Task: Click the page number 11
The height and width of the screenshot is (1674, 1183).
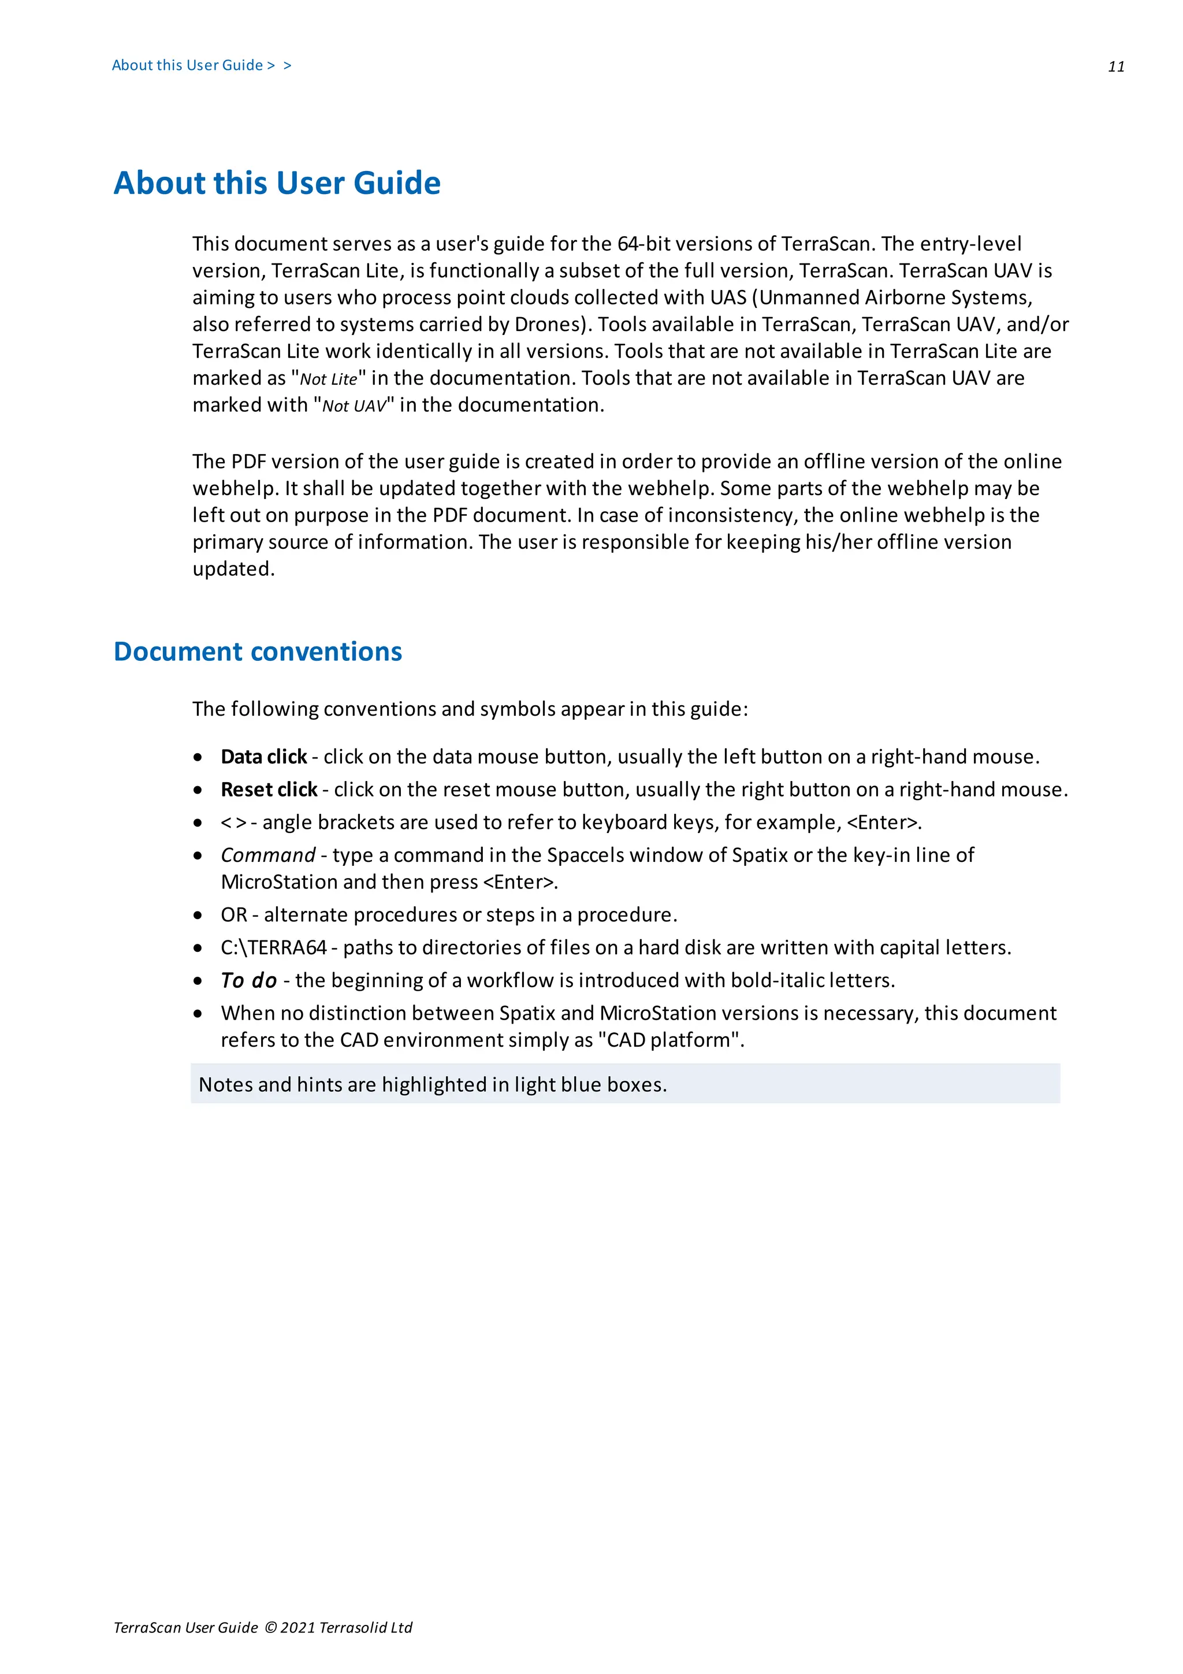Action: (x=1116, y=67)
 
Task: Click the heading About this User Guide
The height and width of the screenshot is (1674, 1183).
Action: (x=277, y=183)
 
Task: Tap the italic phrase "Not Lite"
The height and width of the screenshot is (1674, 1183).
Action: (x=329, y=379)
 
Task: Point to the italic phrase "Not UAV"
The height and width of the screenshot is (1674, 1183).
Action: (x=354, y=406)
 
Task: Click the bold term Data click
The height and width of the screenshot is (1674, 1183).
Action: (x=263, y=757)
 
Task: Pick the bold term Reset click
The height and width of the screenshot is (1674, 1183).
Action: (x=269, y=790)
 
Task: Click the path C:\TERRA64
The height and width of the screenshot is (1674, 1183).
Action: (x=273, y=947)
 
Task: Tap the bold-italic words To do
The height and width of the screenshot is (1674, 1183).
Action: (x=248, y=981)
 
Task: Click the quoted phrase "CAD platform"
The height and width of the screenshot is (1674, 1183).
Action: (x=669, y=1040)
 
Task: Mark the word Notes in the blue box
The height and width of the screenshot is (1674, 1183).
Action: (x=225, y=1085)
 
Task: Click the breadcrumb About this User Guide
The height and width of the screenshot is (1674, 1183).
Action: (x=187, y=66)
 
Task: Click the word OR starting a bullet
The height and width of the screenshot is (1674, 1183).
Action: (x=234, y=914)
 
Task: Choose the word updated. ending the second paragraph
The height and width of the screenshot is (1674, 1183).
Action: (x=233, y=569)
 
